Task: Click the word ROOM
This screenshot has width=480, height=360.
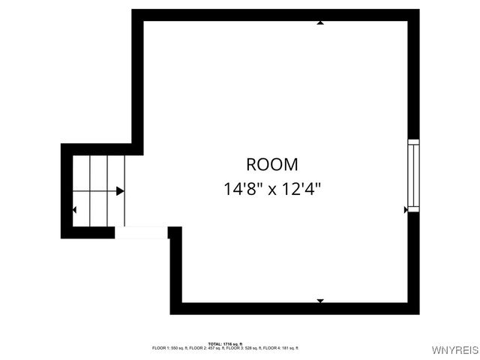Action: pyautogui.click(x=271, y=164)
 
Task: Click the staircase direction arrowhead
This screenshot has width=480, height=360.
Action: pyautogui.click(x=120, y=191)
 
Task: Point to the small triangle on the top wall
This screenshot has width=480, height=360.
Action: pyautogui.click(x=320, y=22)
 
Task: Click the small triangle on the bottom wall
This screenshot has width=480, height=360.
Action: pyautogui.click(x=320, y=301)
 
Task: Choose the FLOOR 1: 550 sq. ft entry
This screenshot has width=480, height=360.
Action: pyautogui.click(x=169, y=348)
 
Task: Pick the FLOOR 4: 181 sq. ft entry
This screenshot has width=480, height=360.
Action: pyautogui.click(x=280, y=348)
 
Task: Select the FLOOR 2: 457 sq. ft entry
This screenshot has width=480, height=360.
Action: pyautogui.click(x=205, y=348)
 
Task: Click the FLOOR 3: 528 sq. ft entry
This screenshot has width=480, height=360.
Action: pyautogui.click(x=243, y=348)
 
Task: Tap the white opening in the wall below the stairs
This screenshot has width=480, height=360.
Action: pyautogui.click(x=141, y=232)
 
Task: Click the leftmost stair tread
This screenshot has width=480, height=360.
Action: pyautogui.click(x=81, y=190)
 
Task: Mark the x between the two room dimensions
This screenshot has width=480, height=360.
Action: pyautogui.click(x=271, y=189)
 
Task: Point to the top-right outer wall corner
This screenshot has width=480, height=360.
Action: pyautogui.click(x=414, y=14)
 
